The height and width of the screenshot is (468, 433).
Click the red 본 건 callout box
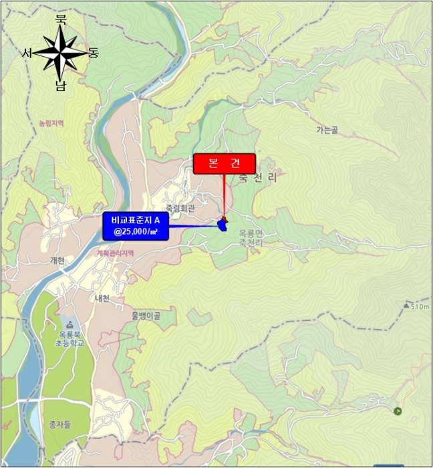[x=225, y=164]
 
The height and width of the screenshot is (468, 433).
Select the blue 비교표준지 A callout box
[x=136, y=226]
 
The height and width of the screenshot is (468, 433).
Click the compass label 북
[x=61, y=21]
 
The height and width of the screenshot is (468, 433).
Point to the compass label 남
[x=61, y=86]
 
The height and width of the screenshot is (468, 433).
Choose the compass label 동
[x=93, y=53]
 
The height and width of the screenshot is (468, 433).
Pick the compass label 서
[x=27, y=53]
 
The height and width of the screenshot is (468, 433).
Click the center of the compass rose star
[x=60, y=53]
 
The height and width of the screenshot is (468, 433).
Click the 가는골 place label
[x=327, y=130]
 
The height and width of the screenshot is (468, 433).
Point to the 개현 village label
[x=57, y=261]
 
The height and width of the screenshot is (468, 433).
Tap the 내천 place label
[x=102, y=298]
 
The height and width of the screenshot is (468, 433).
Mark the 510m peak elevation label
[x=420, y=306]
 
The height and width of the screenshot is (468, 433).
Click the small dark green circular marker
[x=398, y=411]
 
